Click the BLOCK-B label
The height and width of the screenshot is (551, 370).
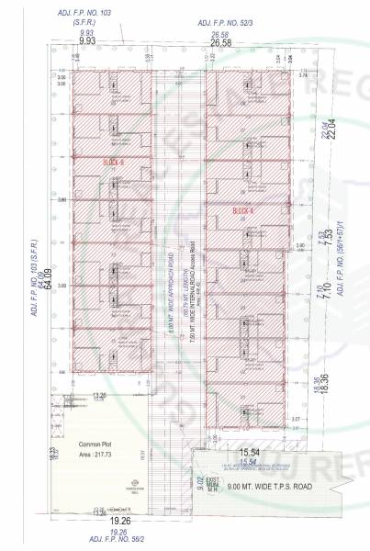(113, 162)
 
